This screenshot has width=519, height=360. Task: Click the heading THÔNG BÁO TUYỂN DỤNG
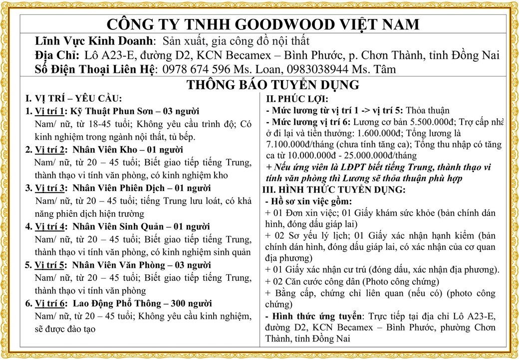coord(273,85)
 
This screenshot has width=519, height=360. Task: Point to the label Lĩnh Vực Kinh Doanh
coord(95,40)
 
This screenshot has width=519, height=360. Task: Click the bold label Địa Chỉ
coord(56,55)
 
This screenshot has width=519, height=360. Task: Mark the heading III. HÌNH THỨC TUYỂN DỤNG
coord(334,190)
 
